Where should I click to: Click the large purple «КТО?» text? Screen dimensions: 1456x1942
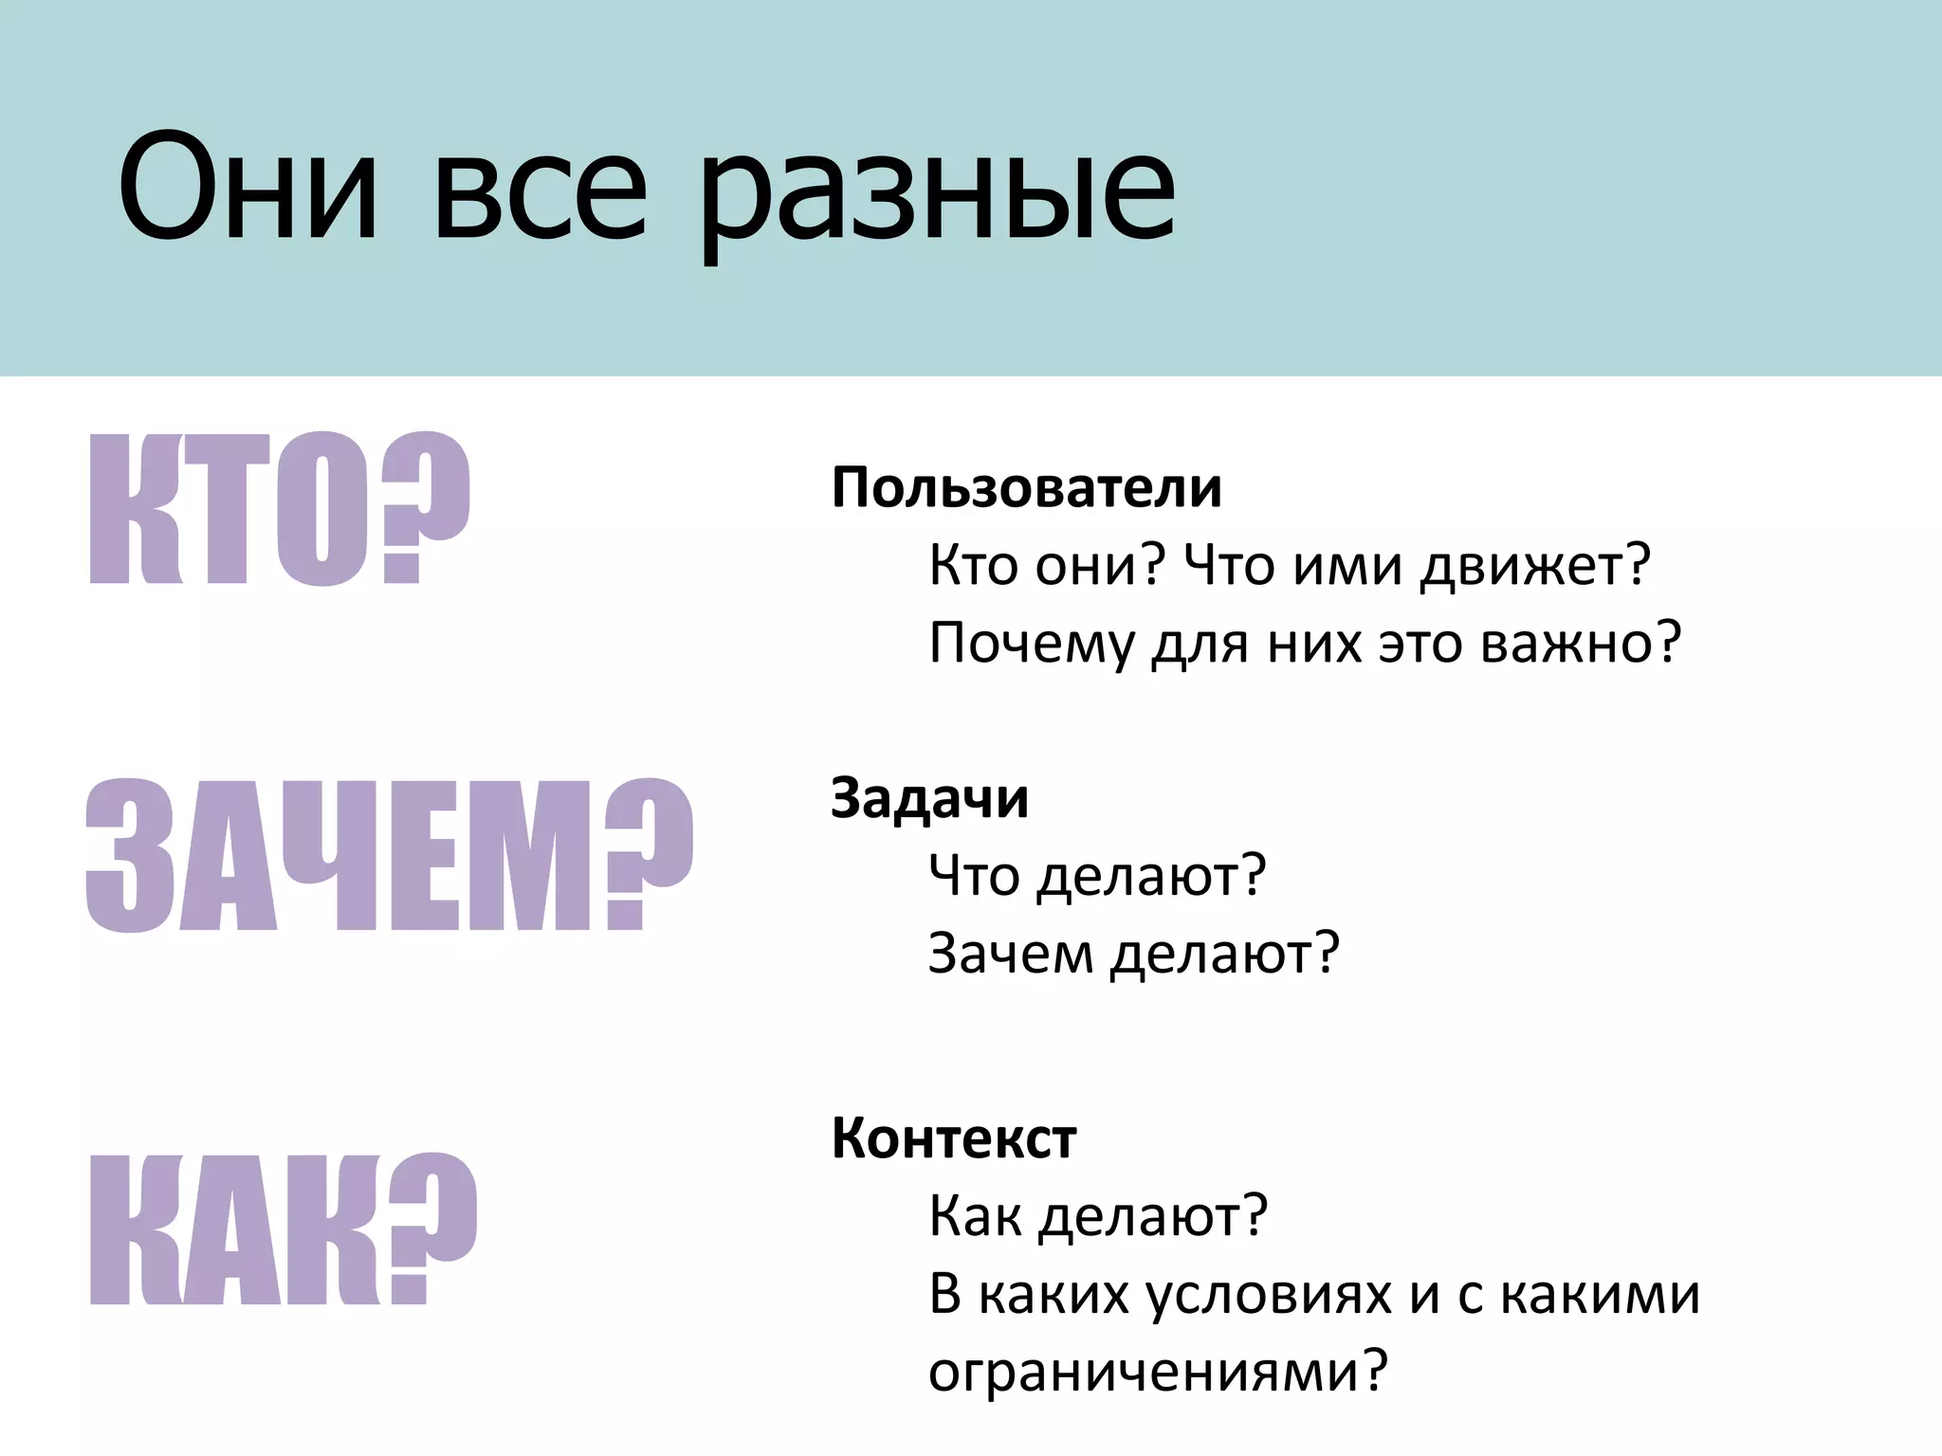pos(279,509)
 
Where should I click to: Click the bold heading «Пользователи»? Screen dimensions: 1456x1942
pos(1027,488)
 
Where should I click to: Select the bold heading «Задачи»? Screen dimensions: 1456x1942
pos(929,798)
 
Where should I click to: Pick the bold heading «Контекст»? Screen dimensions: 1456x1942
pos(954,1137)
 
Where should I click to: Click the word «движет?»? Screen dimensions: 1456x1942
pos(1535,566)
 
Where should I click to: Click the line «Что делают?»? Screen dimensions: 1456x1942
pos(1097,875)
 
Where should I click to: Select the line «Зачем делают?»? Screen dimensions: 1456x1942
pos(1133,953)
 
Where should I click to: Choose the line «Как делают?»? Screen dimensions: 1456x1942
pos(1098,1215)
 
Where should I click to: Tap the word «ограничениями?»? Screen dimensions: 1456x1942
pos(1158,1372)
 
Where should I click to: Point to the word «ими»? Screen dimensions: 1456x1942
pos(1347,566)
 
